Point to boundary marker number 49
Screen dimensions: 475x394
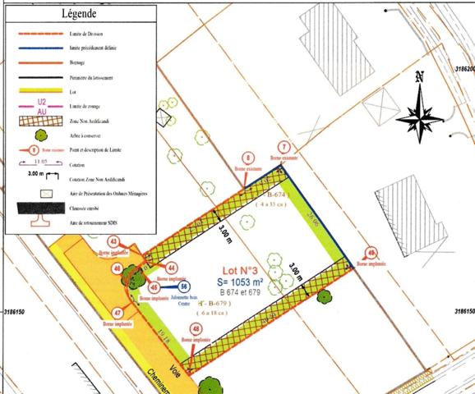371,253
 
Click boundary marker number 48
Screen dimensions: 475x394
195,328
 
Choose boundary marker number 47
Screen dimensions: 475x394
118,313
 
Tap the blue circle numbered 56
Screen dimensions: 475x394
184,286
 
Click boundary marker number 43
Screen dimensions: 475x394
113,241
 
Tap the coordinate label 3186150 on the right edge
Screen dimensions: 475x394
463,312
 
